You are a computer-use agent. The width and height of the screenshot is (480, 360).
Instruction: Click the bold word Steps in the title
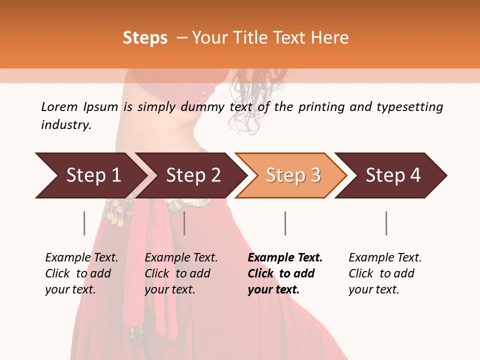145,38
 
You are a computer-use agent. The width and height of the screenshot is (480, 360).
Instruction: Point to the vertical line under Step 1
84,223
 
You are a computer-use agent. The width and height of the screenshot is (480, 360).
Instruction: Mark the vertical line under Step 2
184,223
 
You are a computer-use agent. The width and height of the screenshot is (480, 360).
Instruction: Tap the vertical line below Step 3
285,223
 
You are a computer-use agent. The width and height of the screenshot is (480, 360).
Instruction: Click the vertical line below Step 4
386,223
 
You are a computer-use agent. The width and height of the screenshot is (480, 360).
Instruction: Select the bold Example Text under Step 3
285,273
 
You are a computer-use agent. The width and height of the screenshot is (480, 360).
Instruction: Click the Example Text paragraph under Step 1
81,273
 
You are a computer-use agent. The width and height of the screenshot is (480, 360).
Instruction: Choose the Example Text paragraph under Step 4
385,273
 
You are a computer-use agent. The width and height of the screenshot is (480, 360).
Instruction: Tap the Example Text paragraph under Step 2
181,273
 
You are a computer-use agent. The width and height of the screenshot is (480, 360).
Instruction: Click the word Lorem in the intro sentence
59,107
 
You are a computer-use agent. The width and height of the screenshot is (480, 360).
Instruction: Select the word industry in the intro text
65,125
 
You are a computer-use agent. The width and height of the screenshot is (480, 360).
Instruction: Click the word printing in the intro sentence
320,107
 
